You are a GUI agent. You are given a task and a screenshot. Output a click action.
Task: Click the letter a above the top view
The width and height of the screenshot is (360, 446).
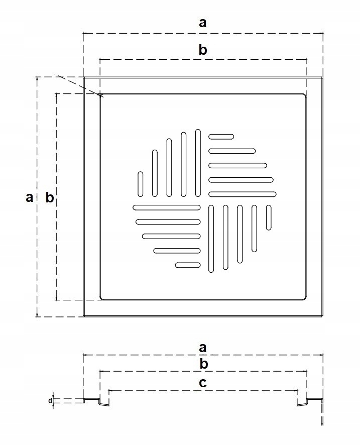coord(202,23)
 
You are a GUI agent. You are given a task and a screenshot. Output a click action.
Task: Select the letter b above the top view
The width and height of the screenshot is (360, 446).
coord(203,50)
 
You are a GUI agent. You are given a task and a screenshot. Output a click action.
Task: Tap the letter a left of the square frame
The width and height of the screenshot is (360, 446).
coord(30,197)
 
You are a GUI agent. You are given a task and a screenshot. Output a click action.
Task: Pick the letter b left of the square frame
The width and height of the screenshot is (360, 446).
coord(49,197)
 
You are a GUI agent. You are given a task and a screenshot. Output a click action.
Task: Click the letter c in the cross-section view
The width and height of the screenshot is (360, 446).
coord(202,383)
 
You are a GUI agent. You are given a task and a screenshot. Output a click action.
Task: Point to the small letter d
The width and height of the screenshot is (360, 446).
coord(50,401)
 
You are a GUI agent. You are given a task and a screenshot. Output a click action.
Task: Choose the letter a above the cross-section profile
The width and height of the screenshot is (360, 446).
coord(203,347)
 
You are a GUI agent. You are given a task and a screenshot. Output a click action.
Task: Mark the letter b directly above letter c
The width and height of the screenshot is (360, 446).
coord(203,364)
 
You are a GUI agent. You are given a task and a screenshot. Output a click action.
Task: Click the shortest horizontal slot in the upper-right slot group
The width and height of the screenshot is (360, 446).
coord(221,136)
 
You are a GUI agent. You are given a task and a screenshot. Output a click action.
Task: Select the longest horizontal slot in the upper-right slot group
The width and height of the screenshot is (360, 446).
coord(242,194)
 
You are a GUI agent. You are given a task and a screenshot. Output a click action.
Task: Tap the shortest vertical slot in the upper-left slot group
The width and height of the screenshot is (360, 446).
coord(141,184)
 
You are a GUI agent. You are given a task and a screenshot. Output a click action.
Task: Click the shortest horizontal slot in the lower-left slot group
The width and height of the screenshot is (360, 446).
coord(188,265)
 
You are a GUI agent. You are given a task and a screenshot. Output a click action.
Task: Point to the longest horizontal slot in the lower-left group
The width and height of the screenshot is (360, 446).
coord(167,207)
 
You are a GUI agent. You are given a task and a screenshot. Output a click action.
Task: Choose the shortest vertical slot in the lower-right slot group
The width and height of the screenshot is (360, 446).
coord(269,217)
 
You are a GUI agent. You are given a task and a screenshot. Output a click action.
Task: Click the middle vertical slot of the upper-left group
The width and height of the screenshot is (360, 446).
coord(169,168)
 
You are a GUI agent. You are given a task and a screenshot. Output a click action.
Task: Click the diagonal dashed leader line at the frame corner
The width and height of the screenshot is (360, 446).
coord(75,84)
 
